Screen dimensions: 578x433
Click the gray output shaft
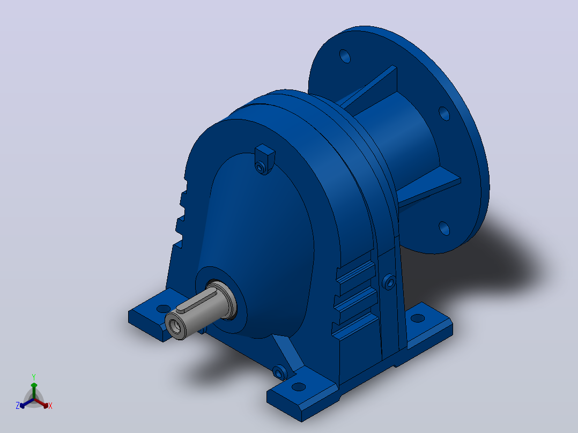199,310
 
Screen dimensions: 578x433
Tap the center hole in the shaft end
174,325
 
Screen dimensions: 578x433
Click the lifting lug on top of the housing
265,159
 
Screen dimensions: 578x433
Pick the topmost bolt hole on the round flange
345,56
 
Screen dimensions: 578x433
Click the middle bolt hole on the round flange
444,114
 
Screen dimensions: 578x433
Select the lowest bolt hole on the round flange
444,228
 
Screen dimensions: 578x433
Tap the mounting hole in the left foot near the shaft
163,309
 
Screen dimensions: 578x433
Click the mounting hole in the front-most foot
299,387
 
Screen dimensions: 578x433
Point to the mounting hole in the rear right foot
418,318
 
